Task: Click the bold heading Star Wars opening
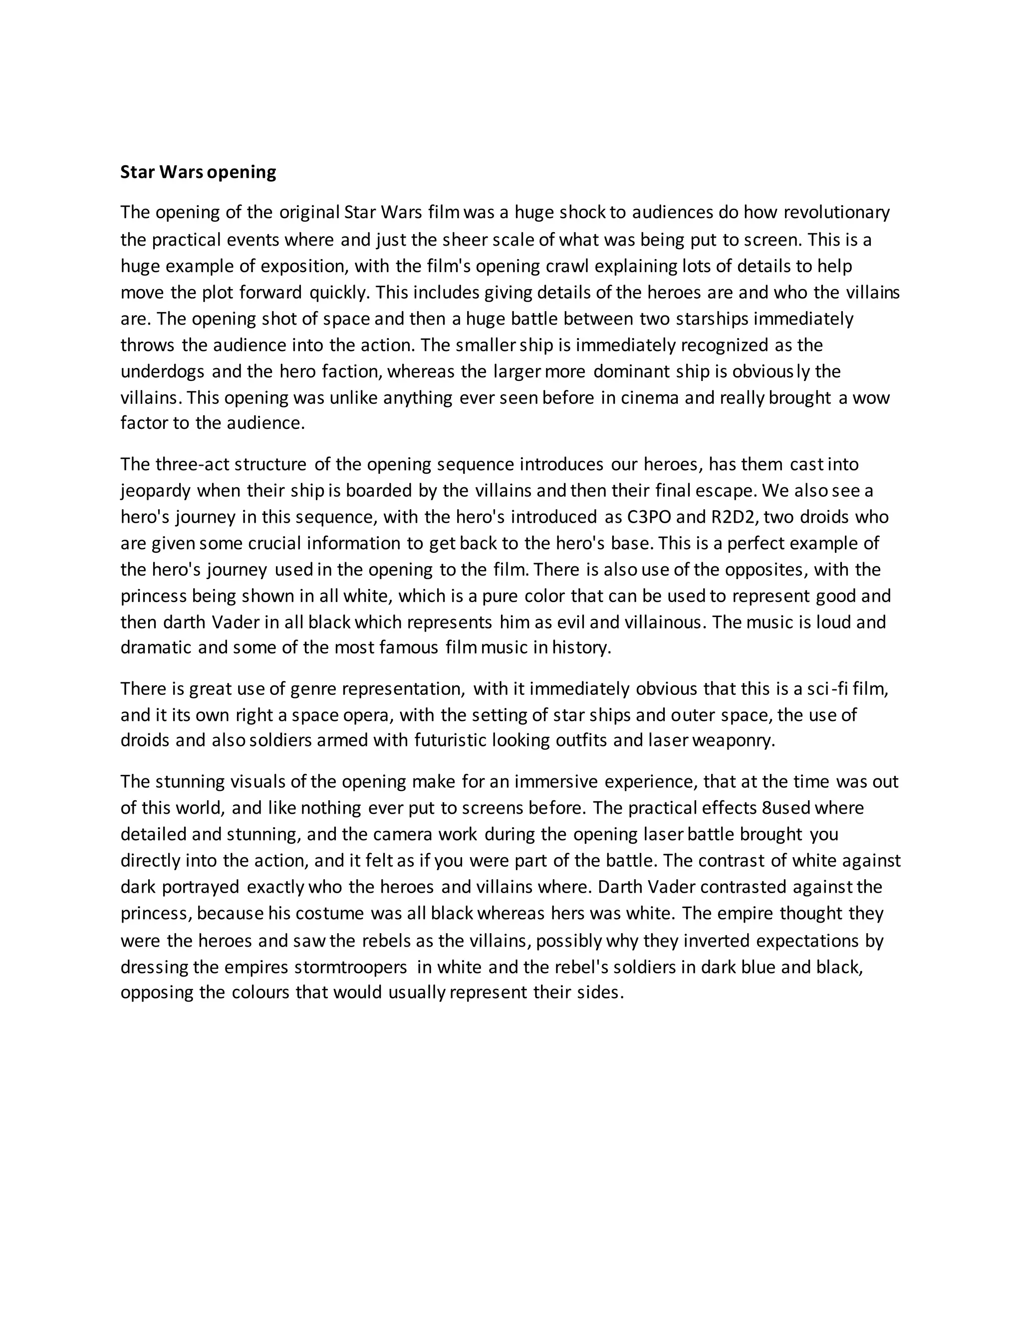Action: click(198, 172)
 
